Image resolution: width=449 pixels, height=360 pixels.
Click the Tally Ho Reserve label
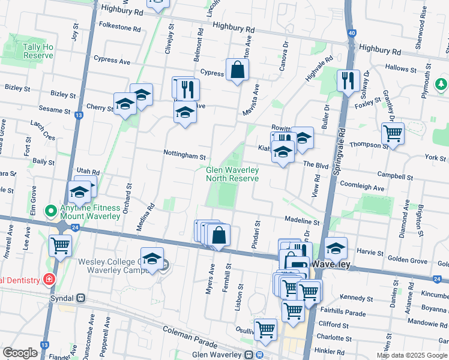click(x=38, y=51)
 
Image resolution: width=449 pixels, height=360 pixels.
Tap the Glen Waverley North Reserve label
click(x=232, y=174)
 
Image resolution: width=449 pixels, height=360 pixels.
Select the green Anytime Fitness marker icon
click(x=51, y=211)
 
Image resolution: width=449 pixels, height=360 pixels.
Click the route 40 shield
click(x=351, y=33)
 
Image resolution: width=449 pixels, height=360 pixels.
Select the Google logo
click(x=20, y=353)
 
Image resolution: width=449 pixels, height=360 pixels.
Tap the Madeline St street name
click(x=302, y=222)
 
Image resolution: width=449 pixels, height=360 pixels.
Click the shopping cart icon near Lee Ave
click(x=60, y=244)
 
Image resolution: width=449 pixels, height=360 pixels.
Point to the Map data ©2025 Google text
click(x=412, y=355)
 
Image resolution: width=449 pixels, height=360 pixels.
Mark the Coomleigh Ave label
click(x=362, y=187)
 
